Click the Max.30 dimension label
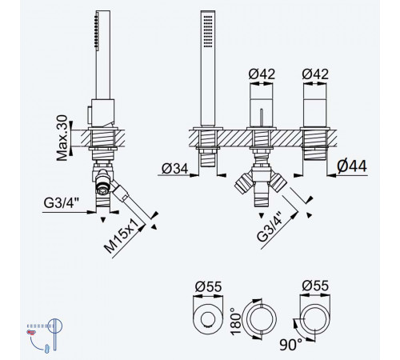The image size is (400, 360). click(62, 138)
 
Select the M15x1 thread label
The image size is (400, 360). click(122, 236)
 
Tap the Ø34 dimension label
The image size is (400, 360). click(175, 168)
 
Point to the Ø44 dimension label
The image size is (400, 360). click(352, 166)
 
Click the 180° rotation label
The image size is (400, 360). click(236, 322)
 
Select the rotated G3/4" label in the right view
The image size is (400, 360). click(270, 227)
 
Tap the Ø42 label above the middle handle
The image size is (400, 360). click(262, 74)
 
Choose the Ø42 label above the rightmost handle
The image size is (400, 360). click(315, 74)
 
